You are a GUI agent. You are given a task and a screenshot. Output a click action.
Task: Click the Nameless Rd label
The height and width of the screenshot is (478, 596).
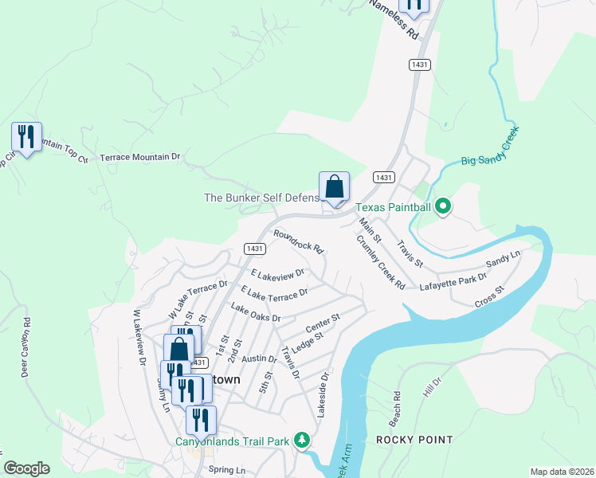click(x=394, y=21)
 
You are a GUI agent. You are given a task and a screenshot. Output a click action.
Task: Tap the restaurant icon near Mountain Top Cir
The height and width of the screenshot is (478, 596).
click(x=26, y=137)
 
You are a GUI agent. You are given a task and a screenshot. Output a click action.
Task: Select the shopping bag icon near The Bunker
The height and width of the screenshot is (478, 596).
click(x=335, y=188)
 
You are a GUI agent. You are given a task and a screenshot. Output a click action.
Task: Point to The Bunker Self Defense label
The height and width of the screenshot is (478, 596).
click(x=261, y=198)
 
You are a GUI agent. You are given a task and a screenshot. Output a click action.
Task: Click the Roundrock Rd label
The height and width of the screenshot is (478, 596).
click(x=298, y=241)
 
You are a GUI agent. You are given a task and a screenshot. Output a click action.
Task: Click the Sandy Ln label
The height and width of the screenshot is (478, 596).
click(x=503, y=258)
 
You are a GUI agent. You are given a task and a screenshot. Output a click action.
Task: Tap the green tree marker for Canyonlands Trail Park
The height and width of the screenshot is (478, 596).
click(x=302, y=439)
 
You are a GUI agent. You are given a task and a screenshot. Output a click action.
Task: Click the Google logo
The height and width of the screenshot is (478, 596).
click(x=27, y=468)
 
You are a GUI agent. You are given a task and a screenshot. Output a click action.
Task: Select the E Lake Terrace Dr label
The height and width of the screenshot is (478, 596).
click(x=274, y=294)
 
